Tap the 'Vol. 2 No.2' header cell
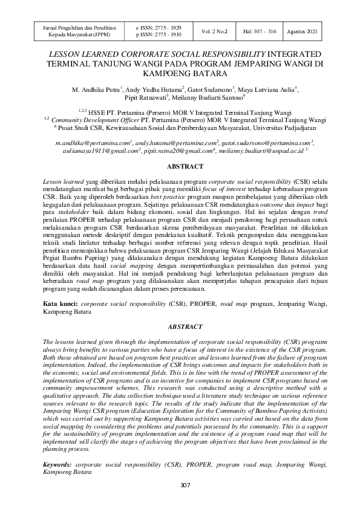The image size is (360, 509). click(x=214, y=31)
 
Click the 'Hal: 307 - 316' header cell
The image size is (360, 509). click(x=260, y=31)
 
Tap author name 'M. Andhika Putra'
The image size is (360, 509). click(x=96, y=89)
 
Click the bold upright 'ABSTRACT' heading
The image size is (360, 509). click(x=180, y=166)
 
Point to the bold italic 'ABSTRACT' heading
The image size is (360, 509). click(x=180, y=326)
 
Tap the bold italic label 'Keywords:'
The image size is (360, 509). click(x=57, y=464)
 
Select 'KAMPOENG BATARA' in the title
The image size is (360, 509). click(x=180, y=74)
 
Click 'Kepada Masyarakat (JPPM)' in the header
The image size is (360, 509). click(x=67, y=35)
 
